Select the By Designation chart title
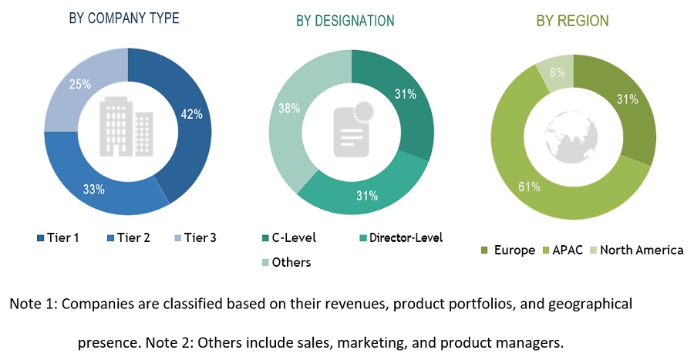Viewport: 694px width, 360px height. pos(345,21)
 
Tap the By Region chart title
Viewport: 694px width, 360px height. pos(572,21)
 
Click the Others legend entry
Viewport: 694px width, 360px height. pos(287,262)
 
